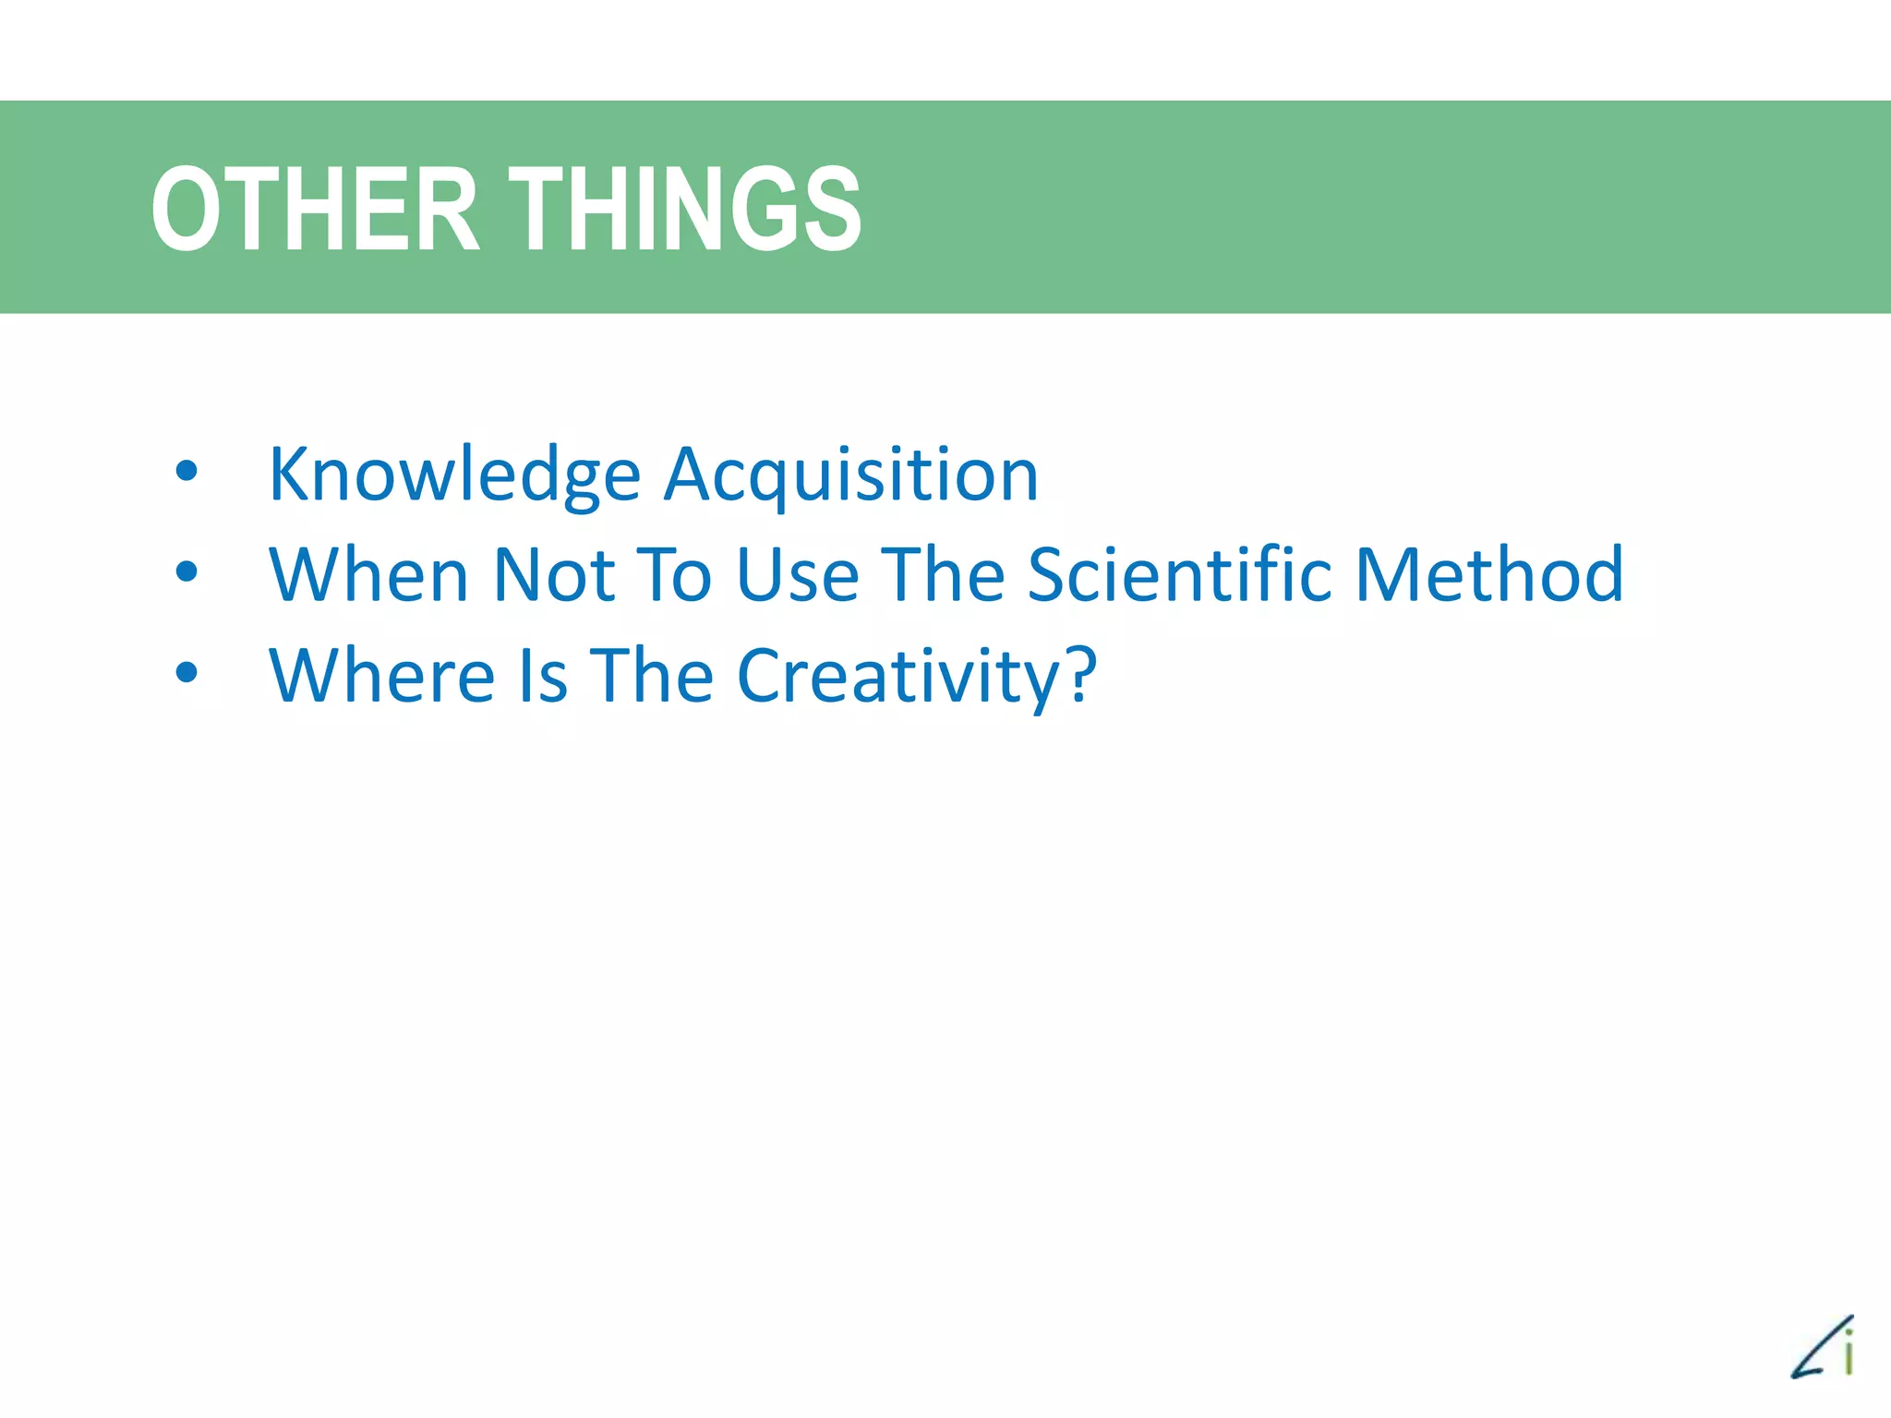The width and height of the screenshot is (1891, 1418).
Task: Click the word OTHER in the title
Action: click(x=315, y=209)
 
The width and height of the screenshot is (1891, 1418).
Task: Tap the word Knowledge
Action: click(x=454, y=475)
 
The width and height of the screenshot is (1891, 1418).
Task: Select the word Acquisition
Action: click(x=851, y=475)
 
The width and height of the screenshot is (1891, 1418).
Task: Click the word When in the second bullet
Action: click(x=368, y=575)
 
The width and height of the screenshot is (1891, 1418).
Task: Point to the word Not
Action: click(x=554, y=575)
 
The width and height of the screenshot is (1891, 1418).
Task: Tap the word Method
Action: click(x=1488, y=575)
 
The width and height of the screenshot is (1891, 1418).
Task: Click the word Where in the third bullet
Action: click(x=382, y=676)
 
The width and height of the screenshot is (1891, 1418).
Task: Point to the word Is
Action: click(x=543, y=676)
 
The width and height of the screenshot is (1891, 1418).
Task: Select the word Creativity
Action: click(x=898, y=676)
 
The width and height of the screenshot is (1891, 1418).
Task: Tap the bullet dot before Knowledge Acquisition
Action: click(x=187, y=472)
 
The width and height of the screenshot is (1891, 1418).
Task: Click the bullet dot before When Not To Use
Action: click(x=187, y=572)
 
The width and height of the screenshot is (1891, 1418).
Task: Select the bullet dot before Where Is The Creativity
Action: click(x=187, y=673)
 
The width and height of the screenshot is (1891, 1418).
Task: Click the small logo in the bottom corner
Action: click(x=1824, y=1347)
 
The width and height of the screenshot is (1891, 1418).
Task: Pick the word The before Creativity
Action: click(x=652, y=676)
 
